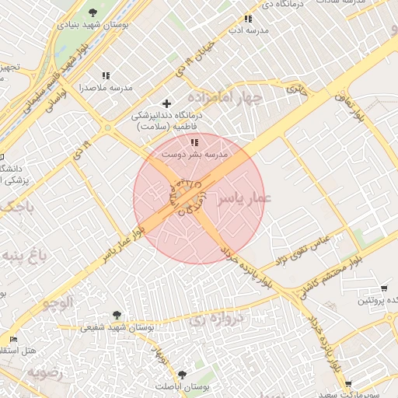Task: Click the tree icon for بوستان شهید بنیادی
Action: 93,12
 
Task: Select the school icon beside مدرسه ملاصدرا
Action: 106,75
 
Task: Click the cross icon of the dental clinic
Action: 166,103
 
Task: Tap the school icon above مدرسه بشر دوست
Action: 194,142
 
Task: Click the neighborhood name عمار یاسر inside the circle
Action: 243,199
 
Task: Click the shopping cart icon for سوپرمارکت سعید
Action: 347,384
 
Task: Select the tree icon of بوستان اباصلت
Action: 183,374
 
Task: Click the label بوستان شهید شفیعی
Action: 117,327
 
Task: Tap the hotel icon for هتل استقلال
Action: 12,340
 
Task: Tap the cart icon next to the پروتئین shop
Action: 384,288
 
